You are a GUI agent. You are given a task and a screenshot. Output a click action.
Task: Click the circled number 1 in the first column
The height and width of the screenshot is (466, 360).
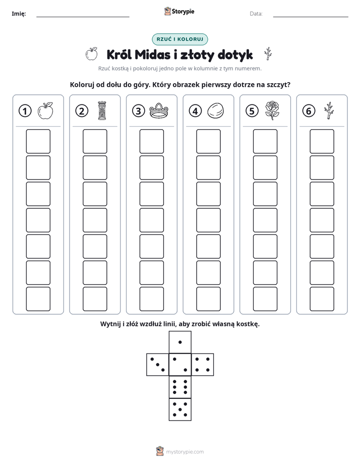[x=25, y=111]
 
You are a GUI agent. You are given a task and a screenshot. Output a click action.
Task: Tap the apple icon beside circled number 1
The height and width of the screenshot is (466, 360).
[x=45, y=110]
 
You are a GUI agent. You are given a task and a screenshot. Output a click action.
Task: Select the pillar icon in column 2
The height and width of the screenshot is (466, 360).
[x=102, y=110]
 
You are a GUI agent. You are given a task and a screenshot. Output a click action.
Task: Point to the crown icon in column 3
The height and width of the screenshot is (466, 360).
[x=159, y=110]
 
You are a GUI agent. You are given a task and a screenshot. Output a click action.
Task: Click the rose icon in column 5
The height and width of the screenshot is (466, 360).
[x=272, y=110]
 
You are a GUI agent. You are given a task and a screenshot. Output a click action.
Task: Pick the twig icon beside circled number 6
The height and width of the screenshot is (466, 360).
[x=329, y=110]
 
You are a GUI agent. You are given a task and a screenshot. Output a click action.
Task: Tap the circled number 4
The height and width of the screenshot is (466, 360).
[x=195, y=111]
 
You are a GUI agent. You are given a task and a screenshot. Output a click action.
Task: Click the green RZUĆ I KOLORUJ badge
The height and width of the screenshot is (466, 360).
[x=180, y=39]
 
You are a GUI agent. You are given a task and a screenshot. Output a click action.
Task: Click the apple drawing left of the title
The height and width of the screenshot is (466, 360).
[x=92, y=54]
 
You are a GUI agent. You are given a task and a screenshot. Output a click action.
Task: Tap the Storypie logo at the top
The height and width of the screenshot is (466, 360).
[x=179, y=12]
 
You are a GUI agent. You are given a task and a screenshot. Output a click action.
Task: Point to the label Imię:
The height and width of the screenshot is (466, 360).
[x=19, y=14]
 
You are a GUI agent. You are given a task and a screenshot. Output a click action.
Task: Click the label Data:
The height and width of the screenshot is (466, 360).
[x=256, y=14]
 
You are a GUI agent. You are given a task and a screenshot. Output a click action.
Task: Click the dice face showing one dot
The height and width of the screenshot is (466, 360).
[x=180, y=342]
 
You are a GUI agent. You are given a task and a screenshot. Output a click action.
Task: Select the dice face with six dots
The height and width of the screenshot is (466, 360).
[x=180, y=387]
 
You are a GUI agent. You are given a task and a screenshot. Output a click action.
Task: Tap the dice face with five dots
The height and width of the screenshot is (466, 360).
[x=180, y=409]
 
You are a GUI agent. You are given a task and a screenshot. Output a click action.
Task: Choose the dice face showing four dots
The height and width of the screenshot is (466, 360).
[x=203, y=365]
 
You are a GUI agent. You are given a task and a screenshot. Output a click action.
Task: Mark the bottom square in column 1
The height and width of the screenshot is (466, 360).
[x=38, y=299]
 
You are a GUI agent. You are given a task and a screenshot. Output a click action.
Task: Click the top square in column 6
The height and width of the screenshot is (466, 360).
[x=322, y=141]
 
